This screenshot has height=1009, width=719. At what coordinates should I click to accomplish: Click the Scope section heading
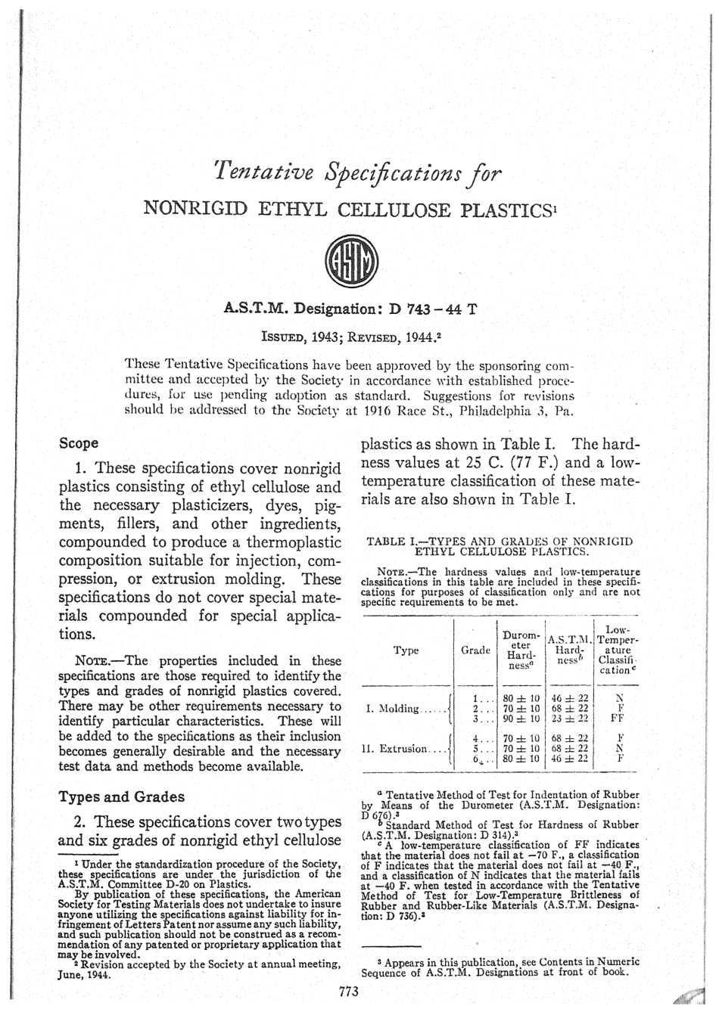79,442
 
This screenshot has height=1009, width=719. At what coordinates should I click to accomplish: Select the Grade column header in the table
476,650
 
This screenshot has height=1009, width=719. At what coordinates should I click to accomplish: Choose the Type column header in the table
406,650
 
